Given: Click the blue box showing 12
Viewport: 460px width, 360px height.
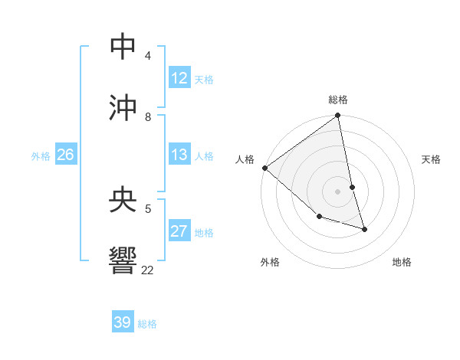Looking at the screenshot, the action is tap(179, 78).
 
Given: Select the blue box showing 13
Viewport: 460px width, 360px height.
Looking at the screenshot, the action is tap(179, 155).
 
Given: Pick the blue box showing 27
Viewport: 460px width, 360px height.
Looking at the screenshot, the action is tap(179, 231).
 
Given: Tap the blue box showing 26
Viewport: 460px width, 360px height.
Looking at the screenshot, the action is tap(65, 155).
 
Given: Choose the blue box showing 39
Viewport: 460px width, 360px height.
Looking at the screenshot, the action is tap(122, 322).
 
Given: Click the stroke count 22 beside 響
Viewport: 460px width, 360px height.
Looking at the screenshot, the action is tap(147, 270).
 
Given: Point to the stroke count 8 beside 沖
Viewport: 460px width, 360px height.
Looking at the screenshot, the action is tap(148, 116).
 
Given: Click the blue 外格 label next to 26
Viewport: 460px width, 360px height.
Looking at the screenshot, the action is tap(41, 155).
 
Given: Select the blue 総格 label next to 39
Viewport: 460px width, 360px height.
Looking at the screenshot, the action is tap(147, 323).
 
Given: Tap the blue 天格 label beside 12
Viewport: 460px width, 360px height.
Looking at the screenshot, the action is tap(204, 79).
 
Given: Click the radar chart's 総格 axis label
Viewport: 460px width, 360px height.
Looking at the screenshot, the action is tap(338, 100).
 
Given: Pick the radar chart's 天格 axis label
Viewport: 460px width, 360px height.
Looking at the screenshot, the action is tap(432, 159).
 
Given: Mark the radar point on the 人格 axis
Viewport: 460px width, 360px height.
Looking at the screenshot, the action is tap(264, 168).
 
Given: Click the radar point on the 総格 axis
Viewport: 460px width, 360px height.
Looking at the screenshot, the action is tap(338, 116).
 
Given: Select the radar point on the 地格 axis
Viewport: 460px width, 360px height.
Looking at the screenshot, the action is tap(364, 229).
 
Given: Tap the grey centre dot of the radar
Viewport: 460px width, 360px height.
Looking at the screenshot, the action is tap(338, 191).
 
